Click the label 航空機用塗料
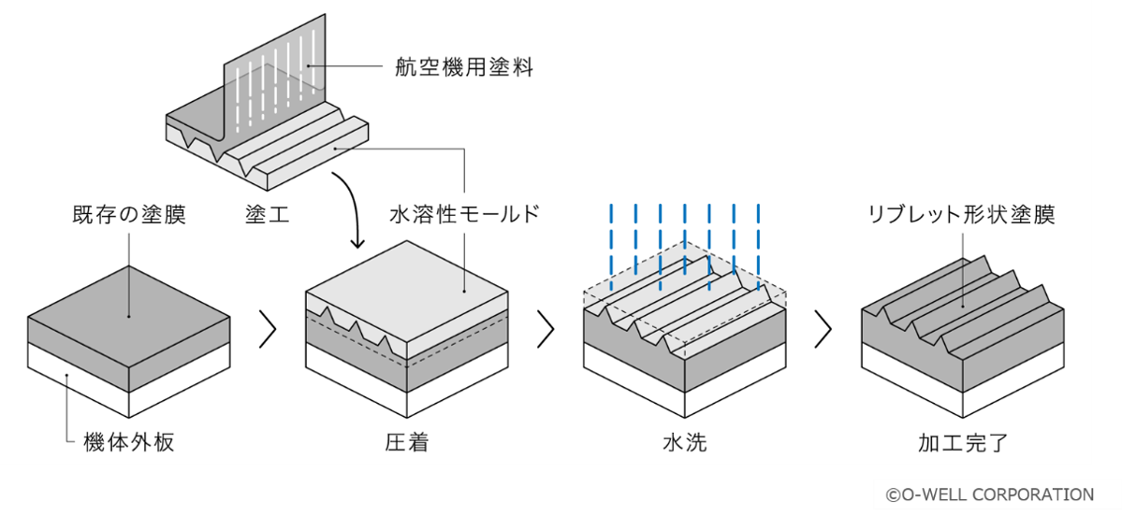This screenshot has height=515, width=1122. (464, 68)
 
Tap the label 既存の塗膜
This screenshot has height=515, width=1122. (129, 214)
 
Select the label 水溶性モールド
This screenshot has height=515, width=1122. (464, 214)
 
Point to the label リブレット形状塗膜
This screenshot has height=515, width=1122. (961, 214)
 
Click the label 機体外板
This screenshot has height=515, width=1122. (128, 443)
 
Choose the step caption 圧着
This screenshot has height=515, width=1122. (406, 443)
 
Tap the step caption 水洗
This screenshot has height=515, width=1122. (685, 443)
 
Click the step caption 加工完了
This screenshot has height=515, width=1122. (962, 443)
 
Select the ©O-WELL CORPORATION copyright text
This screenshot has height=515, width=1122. (990, 494)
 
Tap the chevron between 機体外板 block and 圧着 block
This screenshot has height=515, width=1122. (268, 329)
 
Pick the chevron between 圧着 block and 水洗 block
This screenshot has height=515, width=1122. (546, 329)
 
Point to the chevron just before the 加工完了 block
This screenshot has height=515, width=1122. (823, 329)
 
